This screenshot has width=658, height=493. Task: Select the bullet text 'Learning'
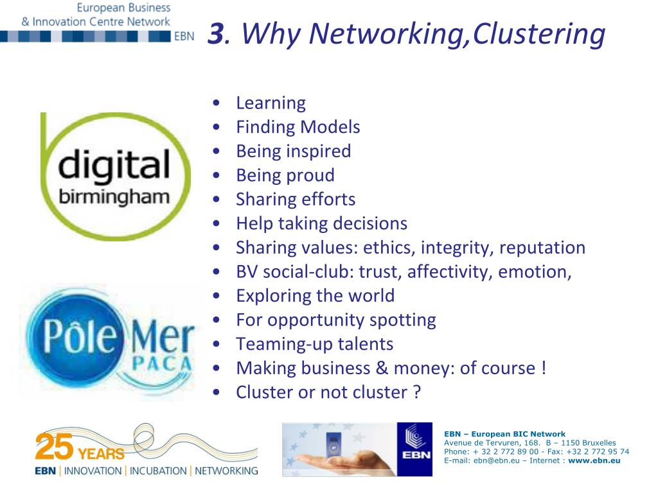click(x=271, y=103)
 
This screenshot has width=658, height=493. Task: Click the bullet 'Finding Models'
click(x=298, y=127)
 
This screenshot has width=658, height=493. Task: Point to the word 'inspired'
click(x=319, y=151)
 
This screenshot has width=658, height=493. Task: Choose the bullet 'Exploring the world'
click(x=315, y=296)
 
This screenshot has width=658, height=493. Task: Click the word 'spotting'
click(x=405, y=320)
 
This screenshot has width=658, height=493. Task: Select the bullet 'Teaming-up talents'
click(x=314, y=344)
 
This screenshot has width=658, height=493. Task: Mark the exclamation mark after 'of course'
click(x=544, y=368)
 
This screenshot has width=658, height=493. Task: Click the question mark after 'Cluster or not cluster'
click(x=416, y=392)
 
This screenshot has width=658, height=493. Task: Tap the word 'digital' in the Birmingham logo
click(x=114, y=166)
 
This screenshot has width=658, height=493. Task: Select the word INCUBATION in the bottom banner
click(x=159, y=471)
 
